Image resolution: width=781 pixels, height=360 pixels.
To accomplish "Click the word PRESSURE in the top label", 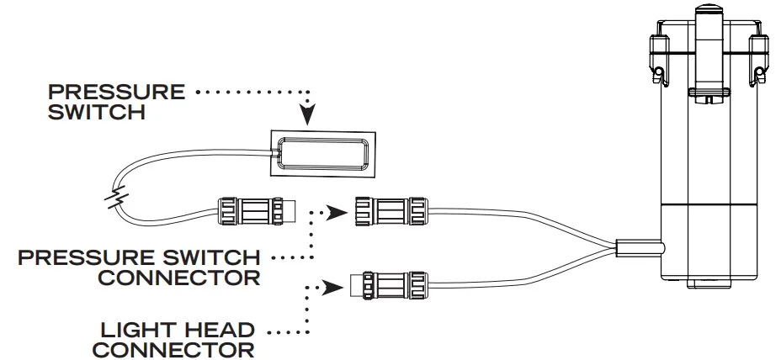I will (x=116, y=91).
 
